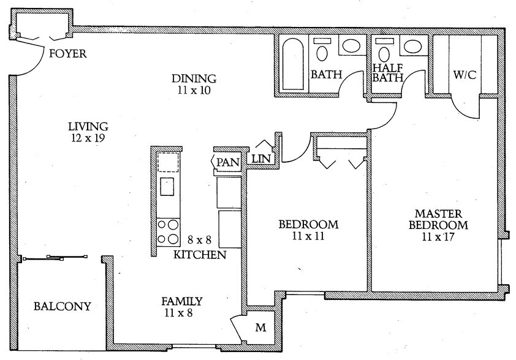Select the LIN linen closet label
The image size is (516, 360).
click(x=258, y=160)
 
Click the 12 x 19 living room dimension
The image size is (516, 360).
click(x=88, y=138)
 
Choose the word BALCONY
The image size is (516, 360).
click(x=62, y=306)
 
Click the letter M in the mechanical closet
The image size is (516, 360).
click(x=260, y=328)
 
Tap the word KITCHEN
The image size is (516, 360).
click(x=199, y=255)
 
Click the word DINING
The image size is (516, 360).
click(x=194, y=78)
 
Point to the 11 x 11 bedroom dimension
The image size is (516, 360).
click(x=308, y=236)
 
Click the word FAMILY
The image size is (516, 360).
click(x=181, y=301)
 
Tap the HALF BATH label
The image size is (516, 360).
click(x=388, y=73)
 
